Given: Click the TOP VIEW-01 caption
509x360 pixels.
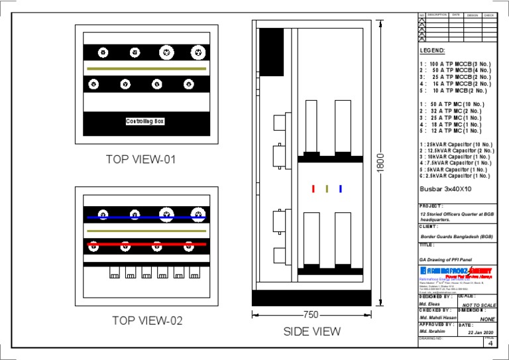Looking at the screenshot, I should point(141,159).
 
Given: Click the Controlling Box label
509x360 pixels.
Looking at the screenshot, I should point(145,121).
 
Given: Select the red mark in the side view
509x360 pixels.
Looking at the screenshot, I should point(313,189).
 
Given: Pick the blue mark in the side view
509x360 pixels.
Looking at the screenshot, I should point(340,189).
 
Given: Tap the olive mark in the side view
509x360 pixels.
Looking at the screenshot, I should point(327,189).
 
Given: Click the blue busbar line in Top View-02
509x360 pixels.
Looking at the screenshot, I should point(146,217).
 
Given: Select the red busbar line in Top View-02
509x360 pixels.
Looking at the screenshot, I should point(146,244).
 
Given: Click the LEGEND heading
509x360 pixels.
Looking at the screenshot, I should point(432,50).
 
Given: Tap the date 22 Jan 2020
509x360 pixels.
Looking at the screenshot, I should point(482,332).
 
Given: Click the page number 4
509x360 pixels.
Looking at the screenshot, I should point(490,344).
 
